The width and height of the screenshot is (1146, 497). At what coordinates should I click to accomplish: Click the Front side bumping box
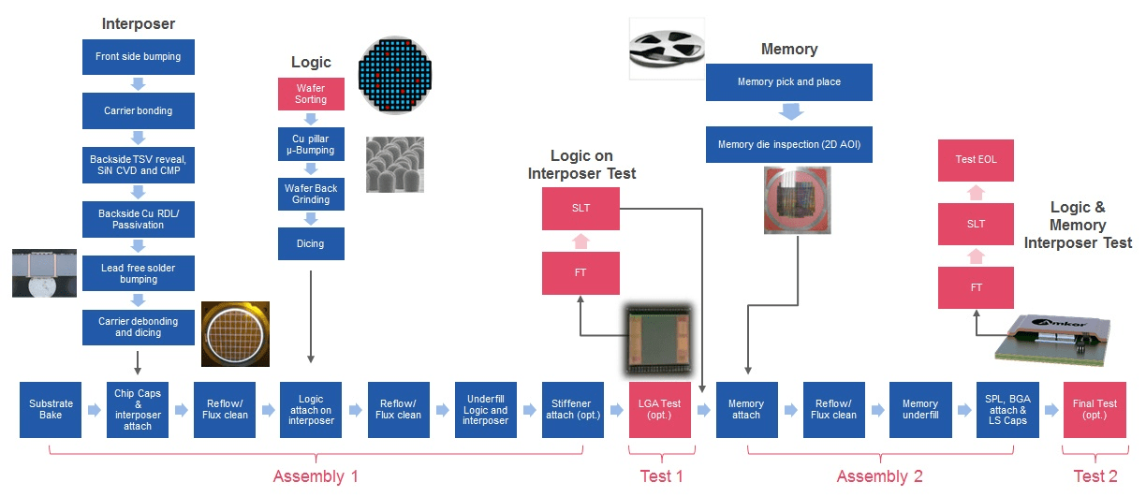tap(138, 57)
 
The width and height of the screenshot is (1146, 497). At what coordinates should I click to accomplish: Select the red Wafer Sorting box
tap(311, 95)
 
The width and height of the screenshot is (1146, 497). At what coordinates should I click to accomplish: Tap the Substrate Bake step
tap(51, 409)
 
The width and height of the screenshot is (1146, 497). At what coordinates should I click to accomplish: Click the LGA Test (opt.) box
tap(659, 409)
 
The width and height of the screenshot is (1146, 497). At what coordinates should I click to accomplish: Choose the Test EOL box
tap(976, 160)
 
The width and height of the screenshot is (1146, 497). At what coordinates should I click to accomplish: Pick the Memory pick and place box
tap(788, 82)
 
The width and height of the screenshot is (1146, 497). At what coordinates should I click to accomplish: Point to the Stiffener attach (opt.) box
tap(572, 409)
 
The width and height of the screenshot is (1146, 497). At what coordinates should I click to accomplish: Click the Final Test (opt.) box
tap(1094, 409)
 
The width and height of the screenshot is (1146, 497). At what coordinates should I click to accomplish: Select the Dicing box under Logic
tap(311, 244)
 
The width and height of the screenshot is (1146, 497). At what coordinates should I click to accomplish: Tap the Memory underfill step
tap(919, 409)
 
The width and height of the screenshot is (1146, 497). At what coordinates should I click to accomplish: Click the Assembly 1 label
tap(316, 476)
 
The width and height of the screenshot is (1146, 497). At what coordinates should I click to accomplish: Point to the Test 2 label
tap(1095, 476)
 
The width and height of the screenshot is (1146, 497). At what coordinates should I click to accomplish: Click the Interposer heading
tap(138, 23)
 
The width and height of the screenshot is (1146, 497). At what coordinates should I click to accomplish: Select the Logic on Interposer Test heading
tap(580, 165)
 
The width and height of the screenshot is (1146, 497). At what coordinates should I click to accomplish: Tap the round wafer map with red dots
tap(396, 75)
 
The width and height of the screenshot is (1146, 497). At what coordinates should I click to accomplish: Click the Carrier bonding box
tap(138, 110)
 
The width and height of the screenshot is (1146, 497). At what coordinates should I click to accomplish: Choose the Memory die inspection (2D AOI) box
tap(788, 145)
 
